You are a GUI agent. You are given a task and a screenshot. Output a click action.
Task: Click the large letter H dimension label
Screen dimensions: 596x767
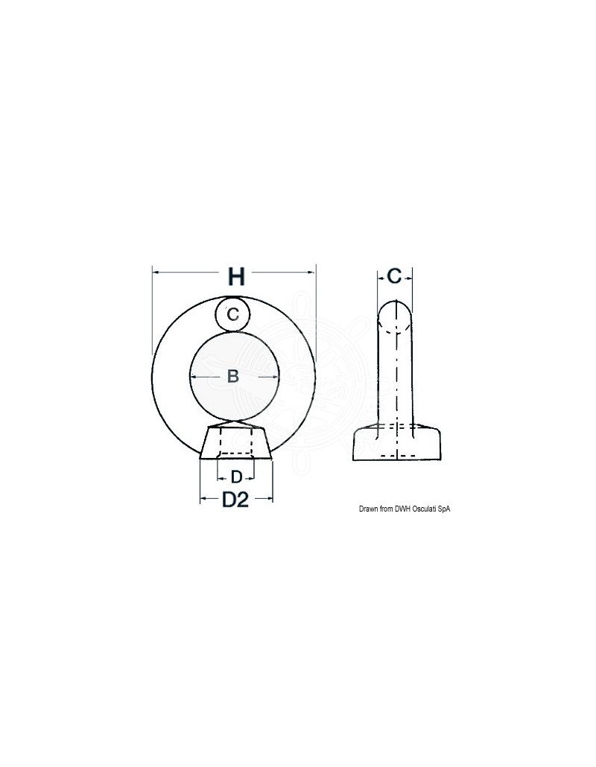(x=236, y=277)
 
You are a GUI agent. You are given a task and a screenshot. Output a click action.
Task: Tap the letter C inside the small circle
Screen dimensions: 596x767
(x=233, y=314)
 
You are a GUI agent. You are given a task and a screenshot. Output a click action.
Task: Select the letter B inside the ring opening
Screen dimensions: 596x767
(x=233, y=376)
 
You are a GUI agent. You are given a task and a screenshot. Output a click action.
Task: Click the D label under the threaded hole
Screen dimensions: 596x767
(x=236, y=477)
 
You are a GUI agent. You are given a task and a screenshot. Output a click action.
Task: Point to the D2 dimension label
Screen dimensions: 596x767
(x=236, y=500)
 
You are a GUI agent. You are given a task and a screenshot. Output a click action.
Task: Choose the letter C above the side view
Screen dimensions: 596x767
(x=394, y=276)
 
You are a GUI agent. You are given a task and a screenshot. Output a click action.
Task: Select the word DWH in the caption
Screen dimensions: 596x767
(x=403, y=509)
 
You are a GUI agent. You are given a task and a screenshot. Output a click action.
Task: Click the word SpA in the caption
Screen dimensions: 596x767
(x=444, y=509)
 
